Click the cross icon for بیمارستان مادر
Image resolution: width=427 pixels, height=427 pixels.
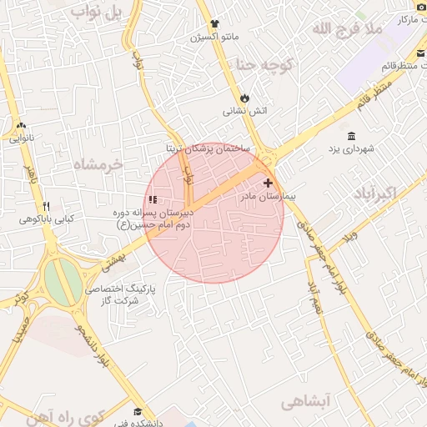tap(268, 183)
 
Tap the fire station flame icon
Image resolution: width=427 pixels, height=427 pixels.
tap(244, 98)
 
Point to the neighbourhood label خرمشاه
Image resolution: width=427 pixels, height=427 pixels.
tap(98, 164)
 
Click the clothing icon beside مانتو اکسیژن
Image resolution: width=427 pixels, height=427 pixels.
tap(215, 24)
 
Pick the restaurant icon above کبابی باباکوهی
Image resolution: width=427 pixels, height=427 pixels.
tap(47, 206)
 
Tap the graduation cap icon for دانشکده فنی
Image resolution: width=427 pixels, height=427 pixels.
tap(138, 411)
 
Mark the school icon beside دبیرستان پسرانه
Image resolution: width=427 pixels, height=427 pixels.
tap(152, 199)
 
